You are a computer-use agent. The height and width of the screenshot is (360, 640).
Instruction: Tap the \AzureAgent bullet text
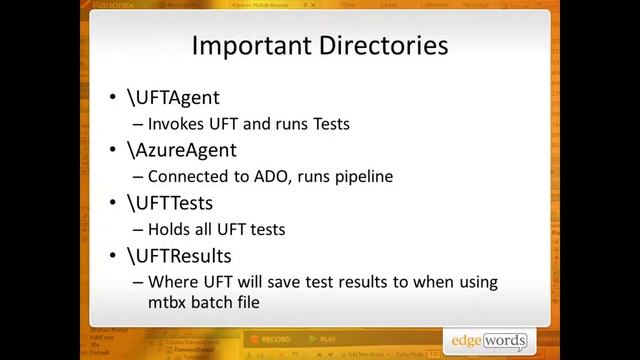click(181, 150)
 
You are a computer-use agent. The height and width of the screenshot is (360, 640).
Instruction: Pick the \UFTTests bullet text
click(169, 203)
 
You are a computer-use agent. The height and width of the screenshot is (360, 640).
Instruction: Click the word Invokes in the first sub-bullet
click(175, 124)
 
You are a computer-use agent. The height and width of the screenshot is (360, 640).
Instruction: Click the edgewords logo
click(491, 340)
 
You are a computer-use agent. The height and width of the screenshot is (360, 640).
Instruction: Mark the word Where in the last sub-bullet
click(171, 282)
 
